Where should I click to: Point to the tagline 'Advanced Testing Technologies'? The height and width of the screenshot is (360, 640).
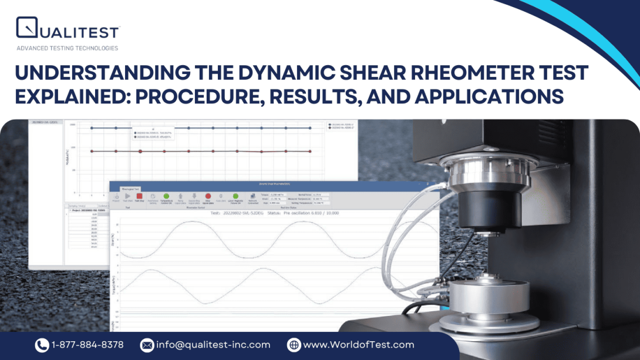pos(67,48)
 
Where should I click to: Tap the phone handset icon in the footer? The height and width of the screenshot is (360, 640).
pos(42,345)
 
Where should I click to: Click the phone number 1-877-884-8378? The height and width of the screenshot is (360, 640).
pos(87,345)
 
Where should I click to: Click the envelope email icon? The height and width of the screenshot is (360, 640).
pos(147,345)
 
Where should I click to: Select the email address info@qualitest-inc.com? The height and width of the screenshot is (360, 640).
pos(213,345)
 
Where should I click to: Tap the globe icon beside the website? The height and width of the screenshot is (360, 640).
pos(294,345)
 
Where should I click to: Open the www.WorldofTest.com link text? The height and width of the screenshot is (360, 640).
pos(358,345)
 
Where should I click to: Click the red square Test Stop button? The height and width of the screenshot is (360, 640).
pos(140,197)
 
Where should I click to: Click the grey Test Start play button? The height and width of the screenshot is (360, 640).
pos(127,197)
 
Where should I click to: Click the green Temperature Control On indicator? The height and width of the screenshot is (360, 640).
pos(166,197)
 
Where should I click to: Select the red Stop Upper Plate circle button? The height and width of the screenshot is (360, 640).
pos(208,197)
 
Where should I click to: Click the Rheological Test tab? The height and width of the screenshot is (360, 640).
pos(130,189)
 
